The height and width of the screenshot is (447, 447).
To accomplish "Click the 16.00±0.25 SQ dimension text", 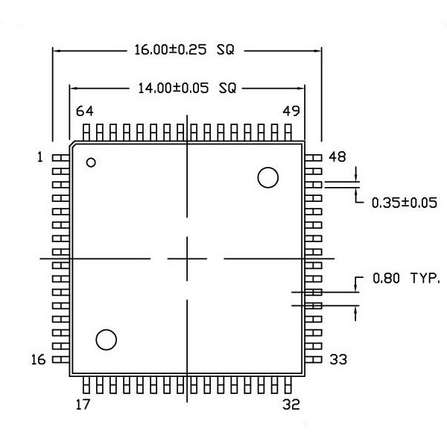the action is [184, 50].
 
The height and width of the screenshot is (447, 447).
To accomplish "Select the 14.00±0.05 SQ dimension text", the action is [187, 88].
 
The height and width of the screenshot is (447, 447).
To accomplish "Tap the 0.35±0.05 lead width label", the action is [405, 203].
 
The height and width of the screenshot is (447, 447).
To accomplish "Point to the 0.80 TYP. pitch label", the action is [406, 278].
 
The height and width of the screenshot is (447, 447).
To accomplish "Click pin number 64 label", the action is [85, 111].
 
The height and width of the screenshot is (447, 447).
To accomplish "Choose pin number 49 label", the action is [291, 111].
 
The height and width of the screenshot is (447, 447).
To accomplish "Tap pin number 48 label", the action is [337, 156].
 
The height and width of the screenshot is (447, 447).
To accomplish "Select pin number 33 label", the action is [338, 360].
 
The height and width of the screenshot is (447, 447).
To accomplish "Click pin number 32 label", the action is [291, 405].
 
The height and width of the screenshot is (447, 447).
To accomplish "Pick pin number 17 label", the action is [83, 405].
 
